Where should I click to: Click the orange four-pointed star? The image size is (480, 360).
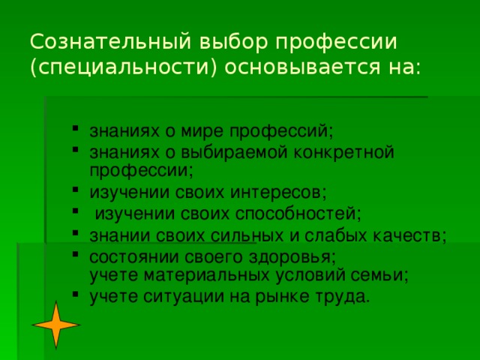coord(55,324)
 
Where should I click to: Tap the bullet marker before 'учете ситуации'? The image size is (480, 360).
coord(78,295)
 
